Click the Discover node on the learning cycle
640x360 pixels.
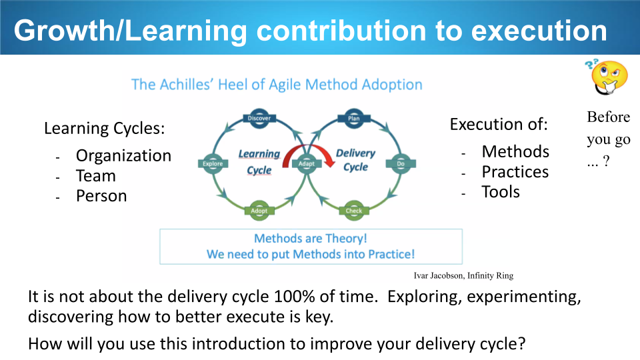click(x=259, y=119)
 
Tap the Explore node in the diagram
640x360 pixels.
click(x=213, y=164)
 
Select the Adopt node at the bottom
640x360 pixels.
click(x=259, y=211)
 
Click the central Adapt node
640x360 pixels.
click(x=307, y=164)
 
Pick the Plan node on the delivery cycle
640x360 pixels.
click(x=354, y=119)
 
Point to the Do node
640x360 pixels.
click(x=401, y=164)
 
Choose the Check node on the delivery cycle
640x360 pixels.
click(x=354, y=211)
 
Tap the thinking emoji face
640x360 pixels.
click(x=608, y=77)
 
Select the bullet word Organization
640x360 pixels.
click(x=124, y=156)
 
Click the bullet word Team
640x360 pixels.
click(x=96, y=176)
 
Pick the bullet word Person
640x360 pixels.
click(x=101, y=196)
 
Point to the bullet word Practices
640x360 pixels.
click(x=515, y=172)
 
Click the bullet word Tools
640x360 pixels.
click(x=501, y=192)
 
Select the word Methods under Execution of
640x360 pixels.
click(x=515, y=151)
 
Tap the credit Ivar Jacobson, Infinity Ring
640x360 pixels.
click(x=464, y=275)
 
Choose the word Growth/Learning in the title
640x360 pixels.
click(x=131, y=31)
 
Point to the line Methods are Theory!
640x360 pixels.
click(x=311, y=239)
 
